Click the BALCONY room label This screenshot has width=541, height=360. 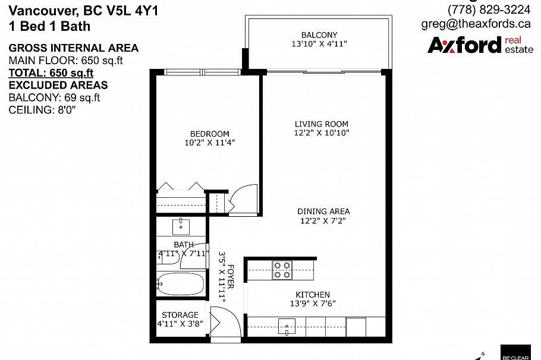(x=319, y=35)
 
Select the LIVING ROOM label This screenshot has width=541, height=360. (x=322, y=124)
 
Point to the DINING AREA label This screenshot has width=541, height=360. (x=323, y=211)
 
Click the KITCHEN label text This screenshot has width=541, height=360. (x=313, y=295)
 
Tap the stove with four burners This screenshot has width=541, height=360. (x=281, y=270)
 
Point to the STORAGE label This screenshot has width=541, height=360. (x=180, y=315)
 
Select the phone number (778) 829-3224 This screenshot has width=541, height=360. (x=489, y=10)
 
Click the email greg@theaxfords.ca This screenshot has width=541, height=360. (x=476, y=24)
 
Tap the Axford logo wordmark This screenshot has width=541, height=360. (x=464, y=45)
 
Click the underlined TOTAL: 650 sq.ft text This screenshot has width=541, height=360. (x=51, y=73)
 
